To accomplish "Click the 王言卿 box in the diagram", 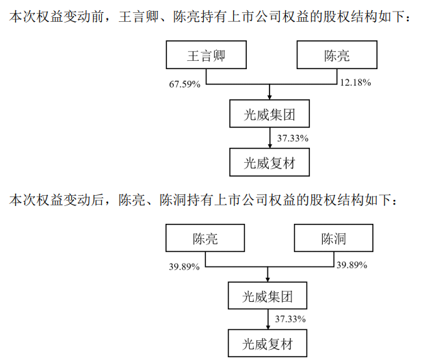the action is pyautogui.click(x=207, y=55).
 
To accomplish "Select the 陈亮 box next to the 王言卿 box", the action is pyautogui.click(x=337, y=55).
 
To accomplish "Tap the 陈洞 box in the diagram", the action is pyautogui.click(x=334, y=238).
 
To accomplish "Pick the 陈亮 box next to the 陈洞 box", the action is pyautogui.click(x=205, y=238).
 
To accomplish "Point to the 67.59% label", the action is pyautogui.click(x=185, y=84).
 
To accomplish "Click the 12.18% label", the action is pyautogui.click(x=356, y=83).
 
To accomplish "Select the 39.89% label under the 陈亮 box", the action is pyautogui.click(x=184, y=267).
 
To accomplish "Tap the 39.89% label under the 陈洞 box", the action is pyautogui.click(x=352, y=265).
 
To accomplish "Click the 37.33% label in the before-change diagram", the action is pyautogui.click(x=293, y=138).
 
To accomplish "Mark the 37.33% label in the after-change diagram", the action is pyautogui.click(x=291, y=319).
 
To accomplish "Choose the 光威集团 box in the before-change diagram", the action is pyautogui.click(x=269, y=114).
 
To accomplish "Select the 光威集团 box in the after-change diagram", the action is pyautogui.click(x=267, y=296).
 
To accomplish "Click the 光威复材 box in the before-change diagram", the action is pyautogui.click(x=269, y=162).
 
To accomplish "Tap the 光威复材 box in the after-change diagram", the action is pyautogui.click(x=267, y=344).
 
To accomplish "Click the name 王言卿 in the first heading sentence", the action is pyautogui.click(x=139, y=16).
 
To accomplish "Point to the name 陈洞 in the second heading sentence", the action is pyautogui.click(x=173, y=200).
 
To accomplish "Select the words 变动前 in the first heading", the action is pyautogui.click(x=83, y=16).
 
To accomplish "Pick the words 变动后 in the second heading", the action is pyautogui.click(x=83, y=200).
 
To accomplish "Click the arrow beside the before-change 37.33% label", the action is pyautogui.click(x=269, y=138).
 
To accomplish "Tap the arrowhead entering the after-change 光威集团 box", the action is pyautogui.click(x=268, y=279).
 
